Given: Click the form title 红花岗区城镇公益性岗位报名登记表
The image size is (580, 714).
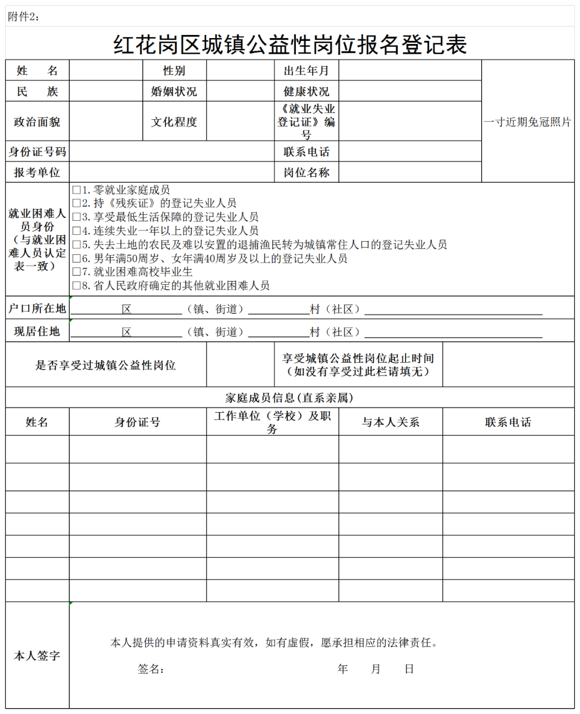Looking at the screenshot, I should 290,45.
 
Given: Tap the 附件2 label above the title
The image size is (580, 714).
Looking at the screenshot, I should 24,17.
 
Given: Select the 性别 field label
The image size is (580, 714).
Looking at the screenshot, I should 174,70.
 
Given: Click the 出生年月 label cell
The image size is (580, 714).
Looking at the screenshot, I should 306,70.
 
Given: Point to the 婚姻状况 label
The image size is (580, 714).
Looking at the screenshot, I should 174,91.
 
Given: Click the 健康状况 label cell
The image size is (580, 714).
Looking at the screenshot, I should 306,91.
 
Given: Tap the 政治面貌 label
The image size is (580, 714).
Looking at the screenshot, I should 37,122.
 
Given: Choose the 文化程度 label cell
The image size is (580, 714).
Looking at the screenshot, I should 174,122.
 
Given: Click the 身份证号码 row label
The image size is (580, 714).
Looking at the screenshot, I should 37,152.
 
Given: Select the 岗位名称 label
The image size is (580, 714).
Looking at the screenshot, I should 306,172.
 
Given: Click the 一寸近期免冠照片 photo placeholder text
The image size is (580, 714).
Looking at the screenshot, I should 527,122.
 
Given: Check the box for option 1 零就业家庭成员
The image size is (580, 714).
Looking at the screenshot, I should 77,190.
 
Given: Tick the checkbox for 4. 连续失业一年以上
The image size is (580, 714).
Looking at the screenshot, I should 77,231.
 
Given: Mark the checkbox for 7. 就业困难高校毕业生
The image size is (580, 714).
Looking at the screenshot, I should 77,272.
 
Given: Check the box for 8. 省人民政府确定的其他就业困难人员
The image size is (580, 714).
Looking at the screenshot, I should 77,286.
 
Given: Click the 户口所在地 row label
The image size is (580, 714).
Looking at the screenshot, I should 37,308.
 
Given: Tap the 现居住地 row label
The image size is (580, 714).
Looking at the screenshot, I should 37,331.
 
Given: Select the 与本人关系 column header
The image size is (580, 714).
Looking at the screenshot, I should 390,422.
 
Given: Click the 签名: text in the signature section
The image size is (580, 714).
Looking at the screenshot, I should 151,669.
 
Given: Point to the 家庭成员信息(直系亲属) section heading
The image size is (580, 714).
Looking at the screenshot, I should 289,398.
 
